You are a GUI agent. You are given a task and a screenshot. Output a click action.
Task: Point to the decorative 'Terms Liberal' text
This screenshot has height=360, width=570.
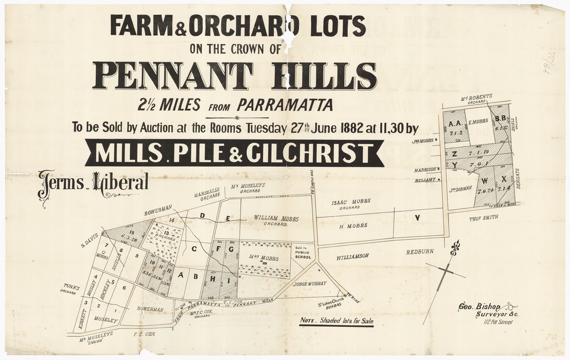coord(93,183)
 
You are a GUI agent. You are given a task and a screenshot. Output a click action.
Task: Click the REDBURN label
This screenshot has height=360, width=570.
coord(420,251)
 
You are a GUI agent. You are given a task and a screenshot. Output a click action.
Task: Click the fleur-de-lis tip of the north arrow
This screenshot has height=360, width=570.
coord(455,248)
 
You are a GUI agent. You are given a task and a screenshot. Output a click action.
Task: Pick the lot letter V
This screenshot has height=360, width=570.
coord(417,218)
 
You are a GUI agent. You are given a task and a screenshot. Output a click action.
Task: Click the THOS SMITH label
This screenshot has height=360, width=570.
coord(483,218)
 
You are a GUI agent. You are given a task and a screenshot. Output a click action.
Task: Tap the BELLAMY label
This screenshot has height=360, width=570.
coord(426,179)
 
